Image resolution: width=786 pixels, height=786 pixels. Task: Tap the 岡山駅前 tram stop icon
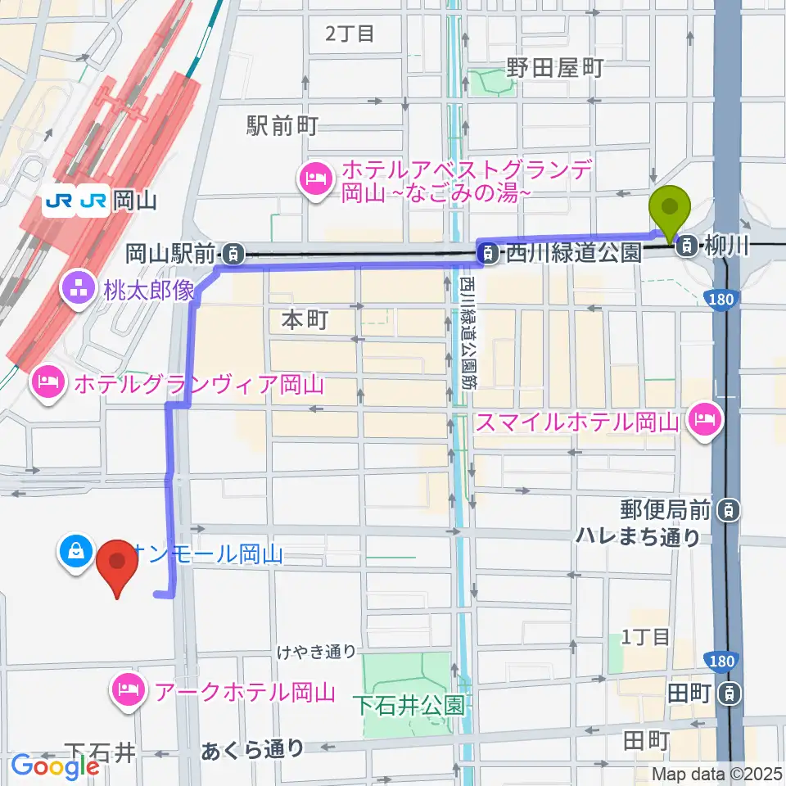pyautogui.click(x=234, y=255)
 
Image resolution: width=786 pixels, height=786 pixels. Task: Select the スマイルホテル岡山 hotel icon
pyautogui.click(x=705, y=422)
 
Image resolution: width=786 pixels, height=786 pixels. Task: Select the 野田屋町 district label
pyautogui.click(x=554, y=67)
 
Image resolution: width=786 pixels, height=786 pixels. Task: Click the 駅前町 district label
pyautogui.click(x=282, y=125)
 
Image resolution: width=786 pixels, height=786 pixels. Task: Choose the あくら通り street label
pyautogui.click(x=252, y=748)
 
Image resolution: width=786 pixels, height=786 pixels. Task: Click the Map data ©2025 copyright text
pyautogui.click(x=717, y=774)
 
